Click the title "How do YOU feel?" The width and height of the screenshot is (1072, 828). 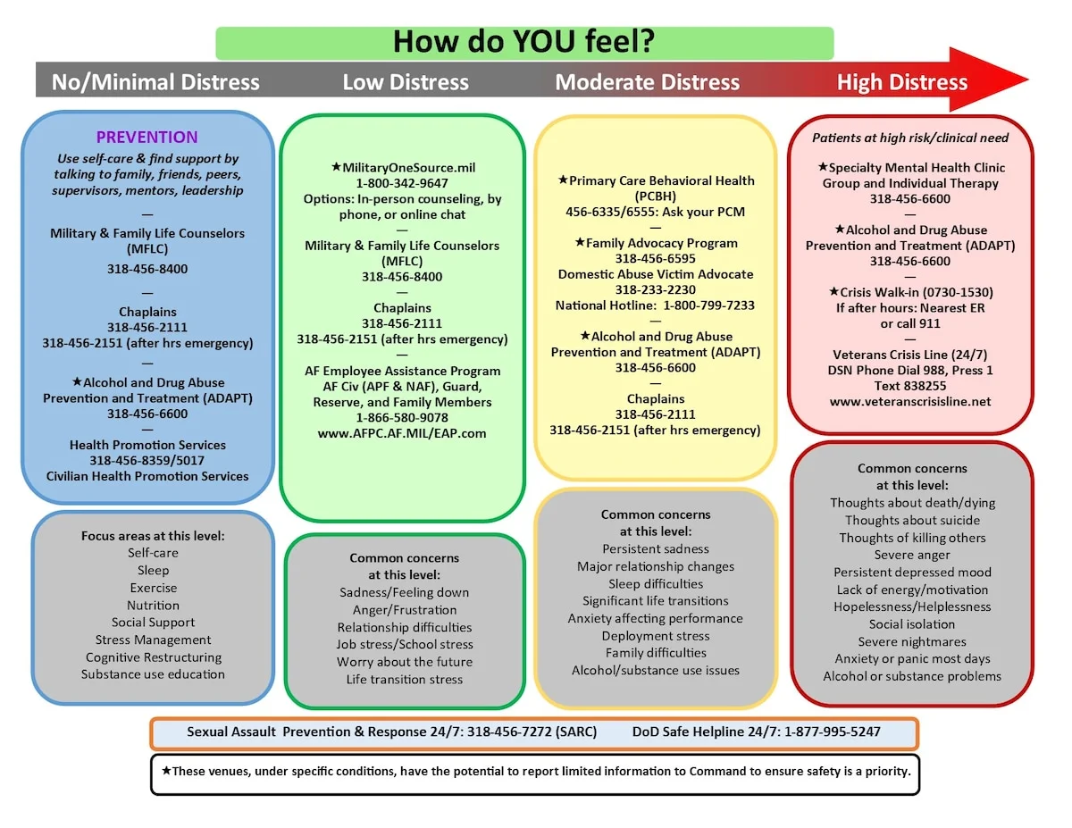click(x=523, y=42)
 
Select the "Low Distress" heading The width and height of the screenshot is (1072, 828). click(x=406, y=83)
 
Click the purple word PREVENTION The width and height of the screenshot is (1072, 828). click(x=147, y=138)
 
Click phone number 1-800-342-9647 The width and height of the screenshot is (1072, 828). click(x=402, y=183)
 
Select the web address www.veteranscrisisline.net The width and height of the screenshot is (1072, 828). click(x=910, y=402)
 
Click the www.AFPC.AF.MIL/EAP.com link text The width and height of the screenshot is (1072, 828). click(x=402, y=433)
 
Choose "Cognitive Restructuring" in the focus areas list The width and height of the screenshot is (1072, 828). click(x=154, y=657)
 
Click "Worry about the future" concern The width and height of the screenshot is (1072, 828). click(x=405, y=662)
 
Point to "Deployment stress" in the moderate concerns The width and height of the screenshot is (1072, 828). click(x=656, y=636)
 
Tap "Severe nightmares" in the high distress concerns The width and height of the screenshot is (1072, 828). click(x=912, y=641)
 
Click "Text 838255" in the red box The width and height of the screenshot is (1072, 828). click(x=910, y=386)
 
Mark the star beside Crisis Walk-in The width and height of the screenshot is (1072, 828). click(x=833, y=292)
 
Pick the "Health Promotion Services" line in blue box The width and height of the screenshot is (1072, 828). click(x=147, y=445)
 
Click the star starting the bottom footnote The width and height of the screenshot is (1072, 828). click(x=166, y=770)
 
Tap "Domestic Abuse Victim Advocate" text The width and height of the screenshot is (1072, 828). click(x=656, y=274)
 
